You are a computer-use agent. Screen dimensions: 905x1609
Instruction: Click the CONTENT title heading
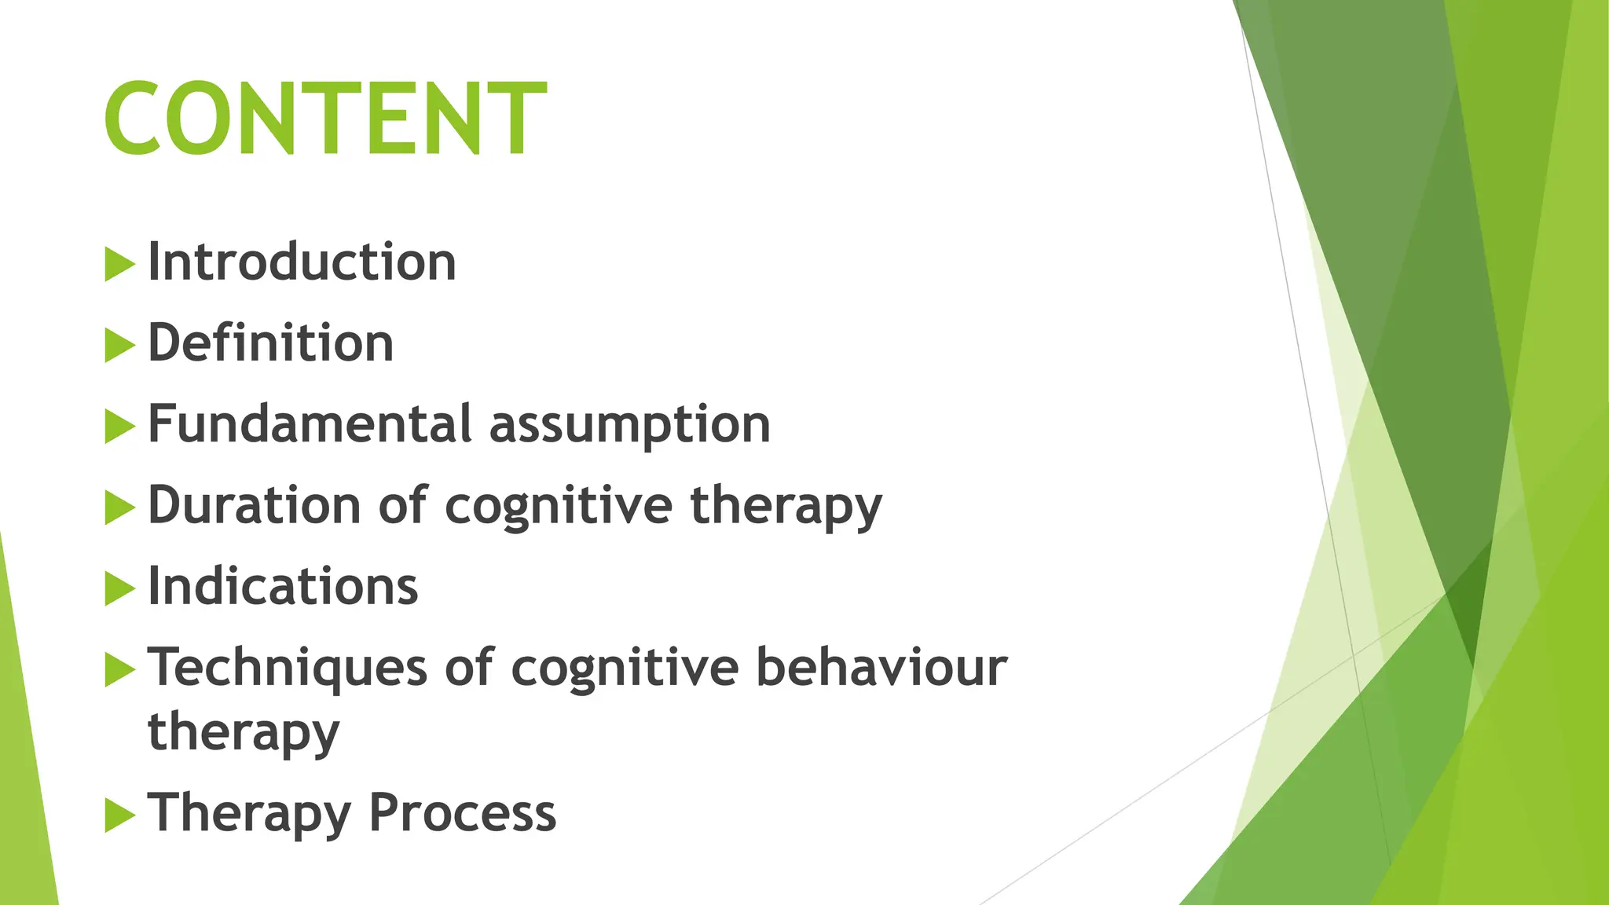pos(324,119)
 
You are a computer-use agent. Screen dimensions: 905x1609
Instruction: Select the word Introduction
pos(302,262)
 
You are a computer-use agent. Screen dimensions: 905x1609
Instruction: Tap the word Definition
pos(270,343)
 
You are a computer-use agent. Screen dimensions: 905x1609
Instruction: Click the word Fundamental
pos(310,424)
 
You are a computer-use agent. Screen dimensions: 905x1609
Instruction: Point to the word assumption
pos(630,426)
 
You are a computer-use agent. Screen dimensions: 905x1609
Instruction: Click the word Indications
pos(283,586)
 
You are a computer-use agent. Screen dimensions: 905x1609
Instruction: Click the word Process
pos(462,812)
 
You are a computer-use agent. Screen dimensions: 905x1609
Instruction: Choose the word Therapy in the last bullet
pos(249,814)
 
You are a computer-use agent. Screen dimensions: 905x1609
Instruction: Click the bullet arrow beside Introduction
pos(119,264)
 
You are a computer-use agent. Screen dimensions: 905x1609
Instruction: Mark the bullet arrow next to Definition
pos(119,346)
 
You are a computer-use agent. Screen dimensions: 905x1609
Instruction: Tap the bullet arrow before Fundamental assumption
pos(119,427)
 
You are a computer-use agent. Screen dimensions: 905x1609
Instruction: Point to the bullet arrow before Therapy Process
pos(119,815)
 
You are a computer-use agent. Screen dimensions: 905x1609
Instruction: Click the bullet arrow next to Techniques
pos(119,670)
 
